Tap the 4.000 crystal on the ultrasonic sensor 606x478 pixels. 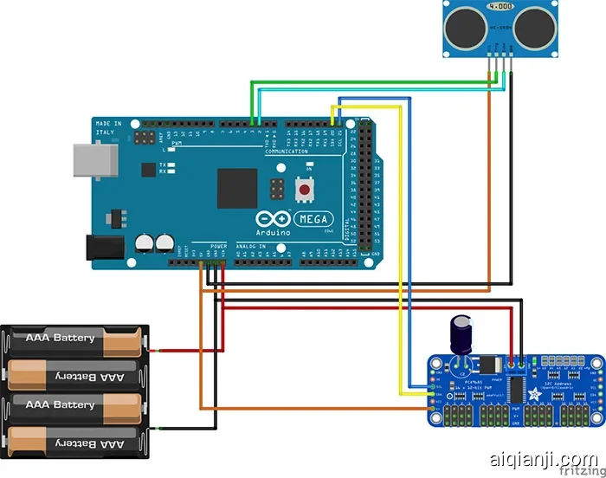[500, 7]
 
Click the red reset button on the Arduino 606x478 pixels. [305, 188]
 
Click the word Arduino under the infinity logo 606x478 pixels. [274, 233]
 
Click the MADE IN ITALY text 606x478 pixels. [108, 128]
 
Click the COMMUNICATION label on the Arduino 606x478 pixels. [287, 151]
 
